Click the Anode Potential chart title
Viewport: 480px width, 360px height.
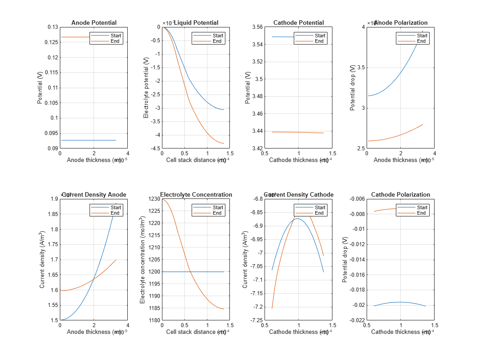(94, 23)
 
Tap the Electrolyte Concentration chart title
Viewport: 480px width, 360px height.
(196, 195)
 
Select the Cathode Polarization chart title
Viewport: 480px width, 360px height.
(400, 195)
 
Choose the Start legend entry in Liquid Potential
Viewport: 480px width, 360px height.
(218, 36)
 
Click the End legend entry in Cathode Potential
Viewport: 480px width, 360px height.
(319, 41)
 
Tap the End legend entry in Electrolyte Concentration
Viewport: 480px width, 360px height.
(217, 213)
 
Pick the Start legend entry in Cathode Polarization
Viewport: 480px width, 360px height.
(422, 208)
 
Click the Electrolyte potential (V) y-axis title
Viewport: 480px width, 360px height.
(146, 88)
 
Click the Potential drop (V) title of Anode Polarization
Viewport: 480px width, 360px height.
(353, 88)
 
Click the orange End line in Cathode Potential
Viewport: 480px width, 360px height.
(297, 132)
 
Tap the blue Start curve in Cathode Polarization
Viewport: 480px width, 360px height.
(400, 302)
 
